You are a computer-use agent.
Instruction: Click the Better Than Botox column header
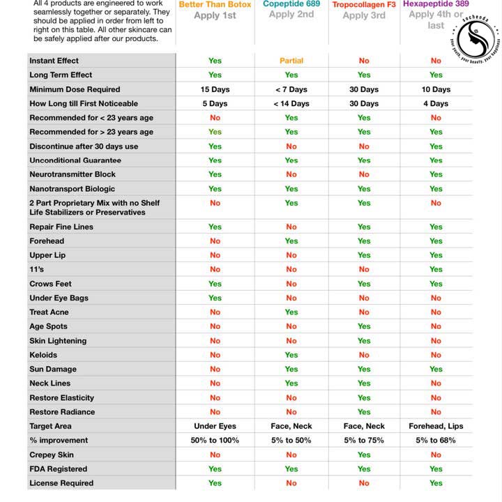[215, 5]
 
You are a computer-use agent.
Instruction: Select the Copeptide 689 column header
[291, 5]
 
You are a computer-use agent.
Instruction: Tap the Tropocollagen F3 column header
[364, 6]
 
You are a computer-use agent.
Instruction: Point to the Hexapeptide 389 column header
[436, 4]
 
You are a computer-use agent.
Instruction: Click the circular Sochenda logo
[476, 38]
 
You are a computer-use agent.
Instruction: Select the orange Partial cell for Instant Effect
[291, 61]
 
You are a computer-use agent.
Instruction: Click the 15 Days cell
[215, 89]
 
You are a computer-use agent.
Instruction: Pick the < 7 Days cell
[291, 89]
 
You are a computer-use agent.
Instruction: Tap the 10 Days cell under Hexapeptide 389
[436, 89]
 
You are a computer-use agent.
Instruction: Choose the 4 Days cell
[436, 104]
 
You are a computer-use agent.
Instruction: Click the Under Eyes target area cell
[215, 426]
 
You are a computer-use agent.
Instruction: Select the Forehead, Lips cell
[436, 426]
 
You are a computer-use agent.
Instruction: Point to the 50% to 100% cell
[215, 441]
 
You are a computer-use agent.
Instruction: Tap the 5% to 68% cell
[436, 441]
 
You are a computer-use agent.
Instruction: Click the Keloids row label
[44, 355]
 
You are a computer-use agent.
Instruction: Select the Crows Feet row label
[50, 284]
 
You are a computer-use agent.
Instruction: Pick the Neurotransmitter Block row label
[73, 174]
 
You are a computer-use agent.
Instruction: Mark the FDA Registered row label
[59, 469]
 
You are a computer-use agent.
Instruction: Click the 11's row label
[37, 269]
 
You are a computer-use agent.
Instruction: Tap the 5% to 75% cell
[364, 441]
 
